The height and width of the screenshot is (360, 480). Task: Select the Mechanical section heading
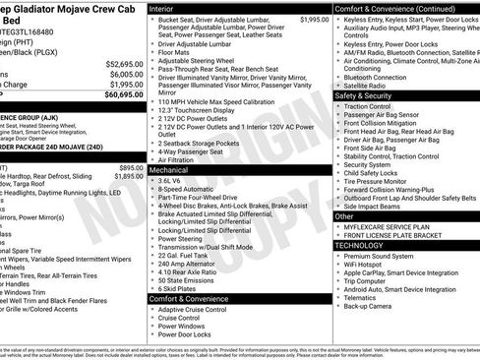[168, 170]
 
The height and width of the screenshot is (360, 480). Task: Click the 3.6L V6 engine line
[172, 181]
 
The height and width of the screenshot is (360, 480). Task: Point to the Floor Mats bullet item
[177, 51]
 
